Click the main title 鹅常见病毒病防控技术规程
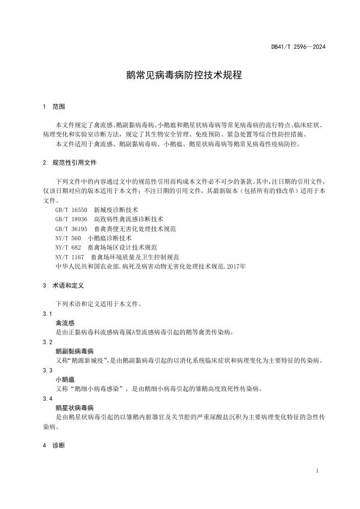point(180,75)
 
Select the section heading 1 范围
point(54,107)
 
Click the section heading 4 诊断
point(54,445)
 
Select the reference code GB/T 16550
point(71,209)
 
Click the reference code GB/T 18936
point(71,219)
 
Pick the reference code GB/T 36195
point(71,228)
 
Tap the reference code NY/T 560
point(68,238)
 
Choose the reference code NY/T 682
point(68,247)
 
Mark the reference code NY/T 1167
point(70,257)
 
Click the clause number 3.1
point(47,314)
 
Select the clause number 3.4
point(47,399)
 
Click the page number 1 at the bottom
point(316,471)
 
